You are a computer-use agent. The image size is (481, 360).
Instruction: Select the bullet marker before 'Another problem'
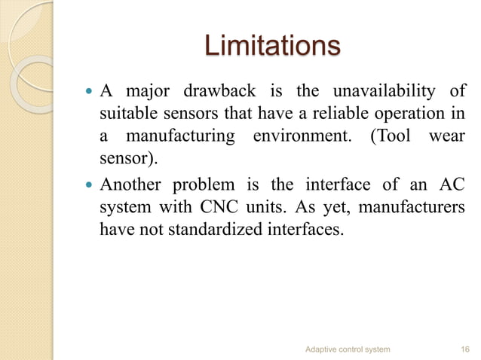[87, 185]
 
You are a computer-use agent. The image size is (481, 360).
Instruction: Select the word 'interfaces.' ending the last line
[309, 229]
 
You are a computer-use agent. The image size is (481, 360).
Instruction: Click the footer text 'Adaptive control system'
[348, 349]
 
